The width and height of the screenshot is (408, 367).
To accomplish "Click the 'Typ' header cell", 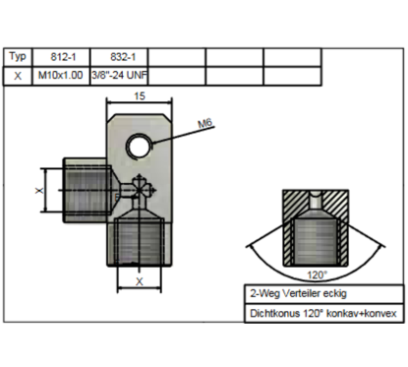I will [x=18, y=57].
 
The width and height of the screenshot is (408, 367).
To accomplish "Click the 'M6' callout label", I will [x=205, y=124].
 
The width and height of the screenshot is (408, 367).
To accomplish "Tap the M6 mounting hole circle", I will [x=140, y=145].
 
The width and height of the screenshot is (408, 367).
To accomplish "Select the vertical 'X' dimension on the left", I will [x=39, y=186].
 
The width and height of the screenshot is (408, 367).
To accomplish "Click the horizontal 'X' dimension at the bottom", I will [x=139, y=281].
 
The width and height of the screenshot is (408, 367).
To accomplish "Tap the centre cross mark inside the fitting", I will [x=139, y=188].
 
